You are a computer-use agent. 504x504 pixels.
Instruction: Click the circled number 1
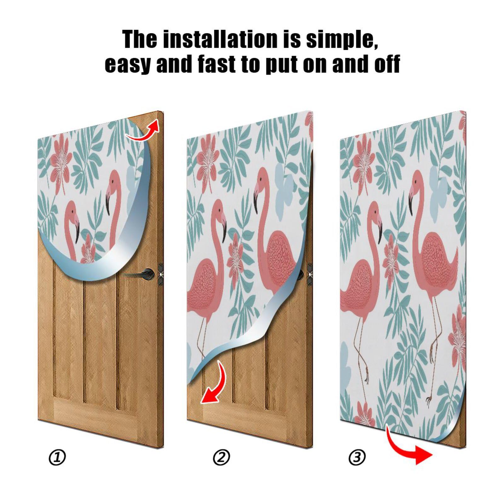coord(58,457)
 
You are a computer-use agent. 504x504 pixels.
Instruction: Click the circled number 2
coord(221,457)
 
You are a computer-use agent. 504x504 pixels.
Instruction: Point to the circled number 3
coord(357,457)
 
